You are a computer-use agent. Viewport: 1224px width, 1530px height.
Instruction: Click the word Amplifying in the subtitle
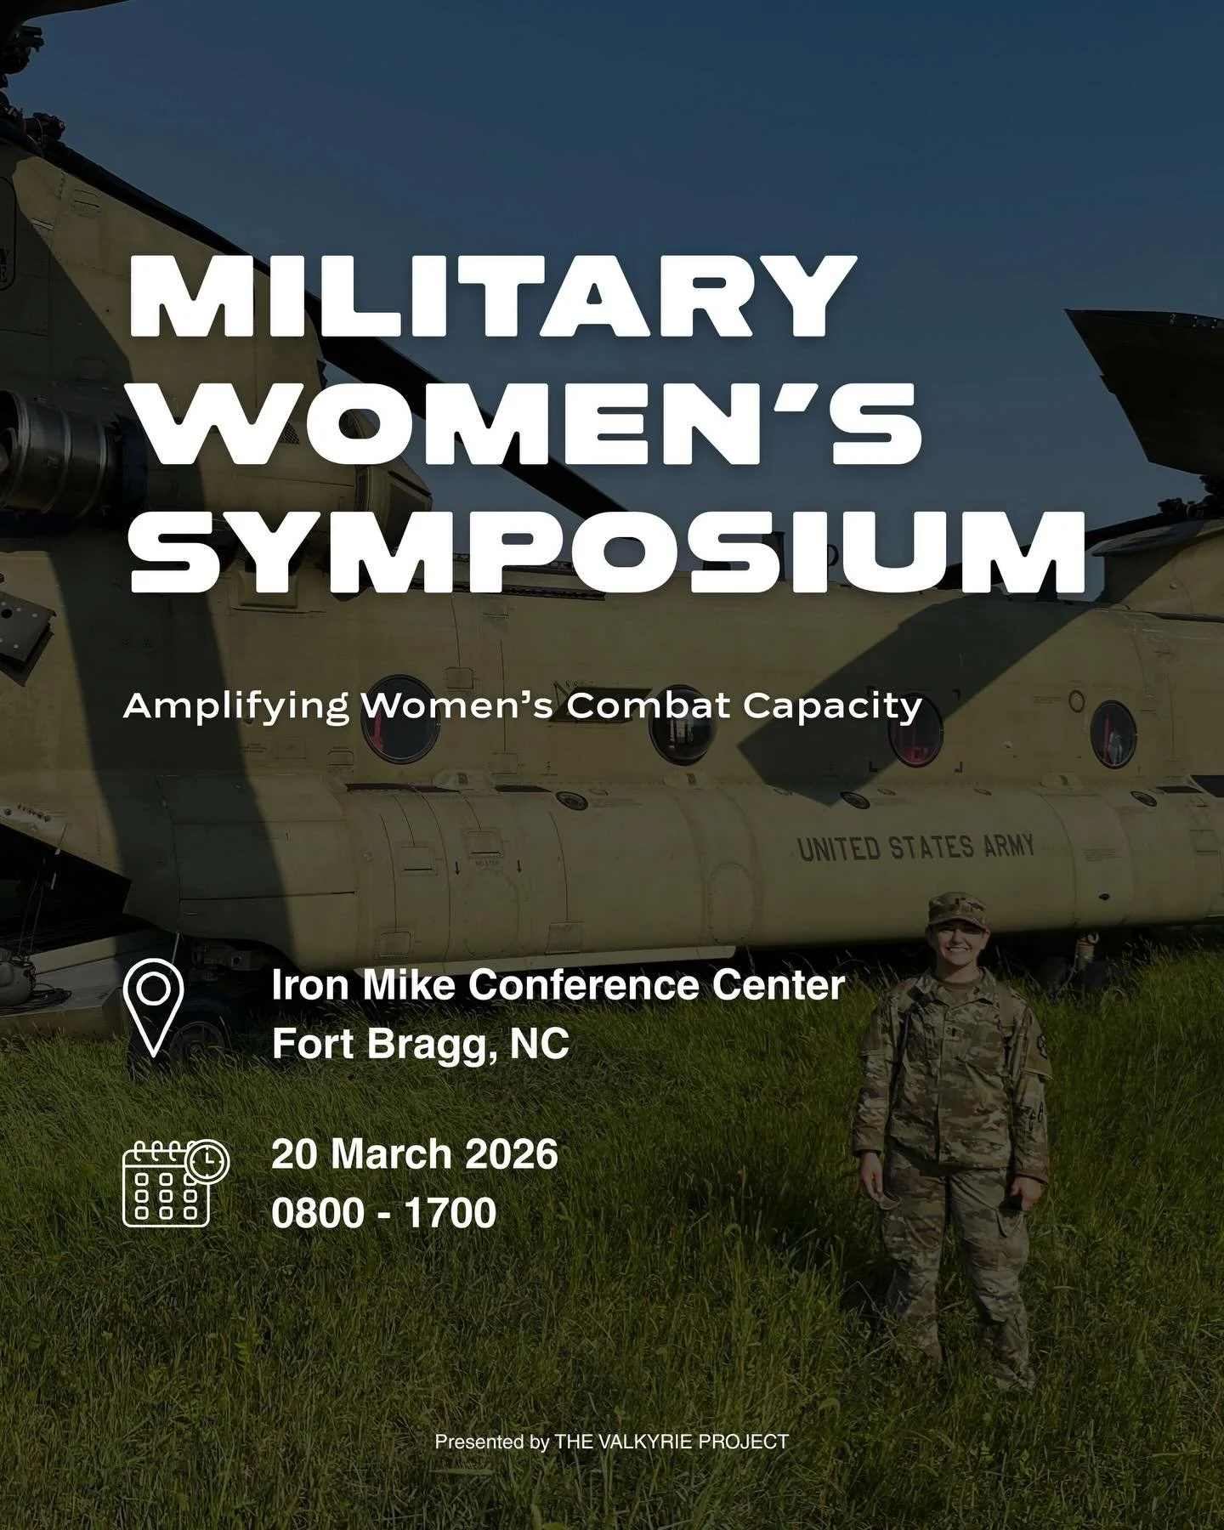click(235, 706)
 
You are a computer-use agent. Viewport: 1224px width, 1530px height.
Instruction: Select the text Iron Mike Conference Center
click(558, 986)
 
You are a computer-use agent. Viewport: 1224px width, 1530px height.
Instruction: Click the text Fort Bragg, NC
click(420, 1044)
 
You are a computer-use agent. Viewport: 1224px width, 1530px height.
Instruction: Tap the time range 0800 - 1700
click(383, 1212)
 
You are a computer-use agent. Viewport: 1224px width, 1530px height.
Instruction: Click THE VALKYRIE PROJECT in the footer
click(671, 1442)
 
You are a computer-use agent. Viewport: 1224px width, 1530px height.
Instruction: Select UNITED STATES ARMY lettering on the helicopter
click(915, 847)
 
